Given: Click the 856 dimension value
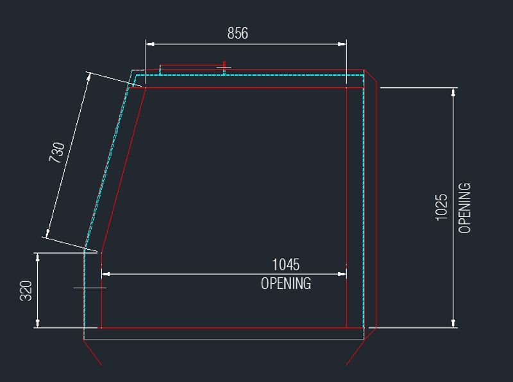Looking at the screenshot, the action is [x=238, y=33].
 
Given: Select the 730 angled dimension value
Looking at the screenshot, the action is [x=56, y=152].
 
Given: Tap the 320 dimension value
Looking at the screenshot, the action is [x=26, y=290].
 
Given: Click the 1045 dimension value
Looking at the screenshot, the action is [x=285, y=265].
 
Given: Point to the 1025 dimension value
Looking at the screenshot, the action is [x=441, y=207].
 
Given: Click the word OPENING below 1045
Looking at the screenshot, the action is [x=286, y=283].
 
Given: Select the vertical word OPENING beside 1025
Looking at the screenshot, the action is [x=464, y=208].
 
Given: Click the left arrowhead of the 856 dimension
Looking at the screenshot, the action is [x=150, y=44].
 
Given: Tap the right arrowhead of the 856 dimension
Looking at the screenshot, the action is [x=342, y=44].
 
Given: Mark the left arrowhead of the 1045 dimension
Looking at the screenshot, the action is [x=106, y=274].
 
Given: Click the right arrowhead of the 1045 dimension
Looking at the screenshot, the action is [x=342, y=274].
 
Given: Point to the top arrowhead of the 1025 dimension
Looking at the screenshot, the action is [x=453, y=92].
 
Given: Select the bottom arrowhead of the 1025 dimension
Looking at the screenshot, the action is [x=453, y=323].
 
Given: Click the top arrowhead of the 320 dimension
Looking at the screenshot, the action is [x=38, y=257].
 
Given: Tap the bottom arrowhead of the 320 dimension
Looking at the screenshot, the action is [x=38, y=323].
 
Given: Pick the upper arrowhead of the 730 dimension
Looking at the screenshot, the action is [x=88, y=77].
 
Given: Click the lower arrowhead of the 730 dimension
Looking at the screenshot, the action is [x=47, y=233].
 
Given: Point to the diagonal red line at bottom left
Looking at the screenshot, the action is [x=93, y=352].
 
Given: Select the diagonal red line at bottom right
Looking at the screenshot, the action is [x=355, y=352].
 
